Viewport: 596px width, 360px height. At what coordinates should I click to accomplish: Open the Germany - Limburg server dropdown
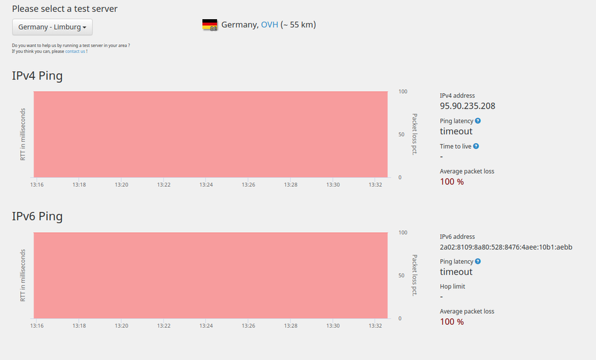53,27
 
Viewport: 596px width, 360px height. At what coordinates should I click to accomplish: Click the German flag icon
210,24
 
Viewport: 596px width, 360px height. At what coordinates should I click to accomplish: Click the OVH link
270,24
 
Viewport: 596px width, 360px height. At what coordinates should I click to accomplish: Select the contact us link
75,51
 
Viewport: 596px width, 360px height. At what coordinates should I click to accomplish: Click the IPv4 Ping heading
37,76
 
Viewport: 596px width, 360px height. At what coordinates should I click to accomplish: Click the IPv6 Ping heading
37,216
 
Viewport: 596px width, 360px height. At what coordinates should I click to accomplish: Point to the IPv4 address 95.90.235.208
467,106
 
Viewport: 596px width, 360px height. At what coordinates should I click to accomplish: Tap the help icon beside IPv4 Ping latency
478,121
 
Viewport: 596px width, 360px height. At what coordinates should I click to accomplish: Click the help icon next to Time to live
475,146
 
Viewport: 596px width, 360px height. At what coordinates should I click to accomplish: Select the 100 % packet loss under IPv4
452,181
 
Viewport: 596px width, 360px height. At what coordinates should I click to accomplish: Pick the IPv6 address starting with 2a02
506,247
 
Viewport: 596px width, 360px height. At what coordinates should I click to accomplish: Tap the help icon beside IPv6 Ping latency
478,261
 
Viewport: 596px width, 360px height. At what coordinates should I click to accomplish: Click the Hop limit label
453,287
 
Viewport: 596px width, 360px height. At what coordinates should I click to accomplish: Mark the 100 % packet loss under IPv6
452,322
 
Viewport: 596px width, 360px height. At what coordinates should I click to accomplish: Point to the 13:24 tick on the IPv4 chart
206,185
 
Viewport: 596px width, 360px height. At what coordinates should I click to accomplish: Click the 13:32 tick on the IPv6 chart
375,326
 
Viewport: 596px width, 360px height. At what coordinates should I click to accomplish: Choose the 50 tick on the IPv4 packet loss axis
402,134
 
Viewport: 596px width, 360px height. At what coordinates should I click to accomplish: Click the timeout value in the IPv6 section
456,272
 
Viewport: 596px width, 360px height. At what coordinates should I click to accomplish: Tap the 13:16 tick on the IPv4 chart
37,185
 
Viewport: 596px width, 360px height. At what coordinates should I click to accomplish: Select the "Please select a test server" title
64,9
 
